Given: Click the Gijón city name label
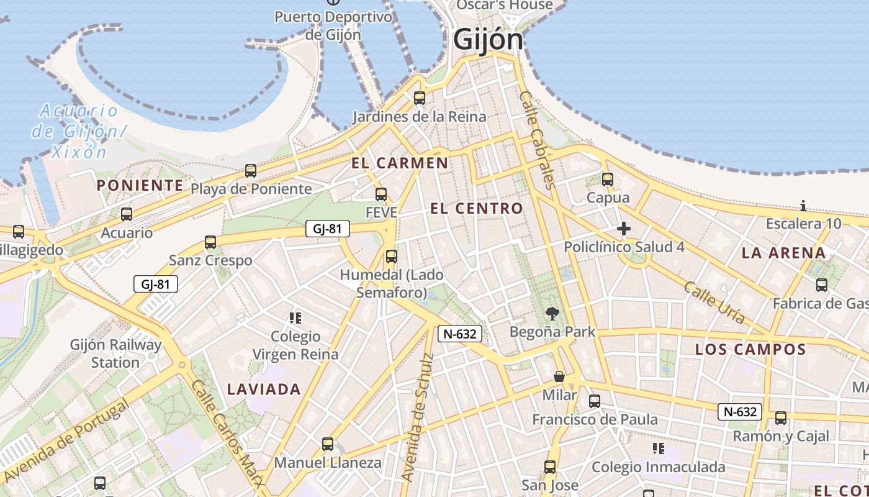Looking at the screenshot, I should [x=488, y=40].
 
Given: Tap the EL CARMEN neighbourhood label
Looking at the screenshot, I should [x=399, y=163].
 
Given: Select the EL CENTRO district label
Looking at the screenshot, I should [x=477, y=209].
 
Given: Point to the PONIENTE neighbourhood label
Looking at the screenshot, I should [x=140, y=185].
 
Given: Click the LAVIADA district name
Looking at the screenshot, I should [x=264, y=390].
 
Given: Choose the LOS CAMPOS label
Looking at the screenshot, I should [x=750, y=349].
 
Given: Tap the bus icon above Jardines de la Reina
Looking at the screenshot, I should [x=420, y=98].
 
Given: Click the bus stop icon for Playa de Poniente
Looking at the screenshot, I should [x=251, y=170].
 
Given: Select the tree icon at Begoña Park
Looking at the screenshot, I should [x=551, y=314].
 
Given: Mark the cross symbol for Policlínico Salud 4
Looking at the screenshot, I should [x=624, y=229].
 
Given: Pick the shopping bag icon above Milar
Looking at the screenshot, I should [x=559, y=376].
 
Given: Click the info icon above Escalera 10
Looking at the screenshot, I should [x=803, y=206].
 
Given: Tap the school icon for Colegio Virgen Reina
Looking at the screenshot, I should [x=295, y=318].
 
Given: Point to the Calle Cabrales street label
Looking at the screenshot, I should [x=536, y=139].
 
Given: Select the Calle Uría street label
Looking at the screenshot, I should [x=714, y=302].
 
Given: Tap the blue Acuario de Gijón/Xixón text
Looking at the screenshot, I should [x=77, y=131].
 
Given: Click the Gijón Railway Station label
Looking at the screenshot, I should [x=115, y=353].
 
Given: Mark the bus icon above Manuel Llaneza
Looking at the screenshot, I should [x=328, y=444].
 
